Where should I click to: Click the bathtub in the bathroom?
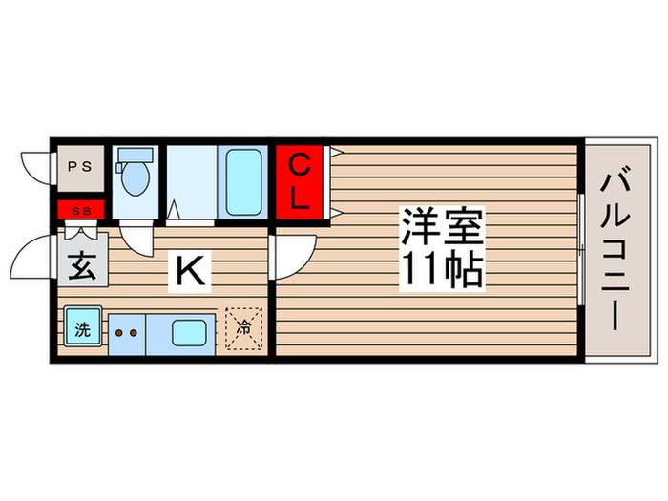click(x=242, y=181)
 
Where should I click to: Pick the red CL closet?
click(x=300, y=183)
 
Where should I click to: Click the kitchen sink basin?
click(x=193, y=333)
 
